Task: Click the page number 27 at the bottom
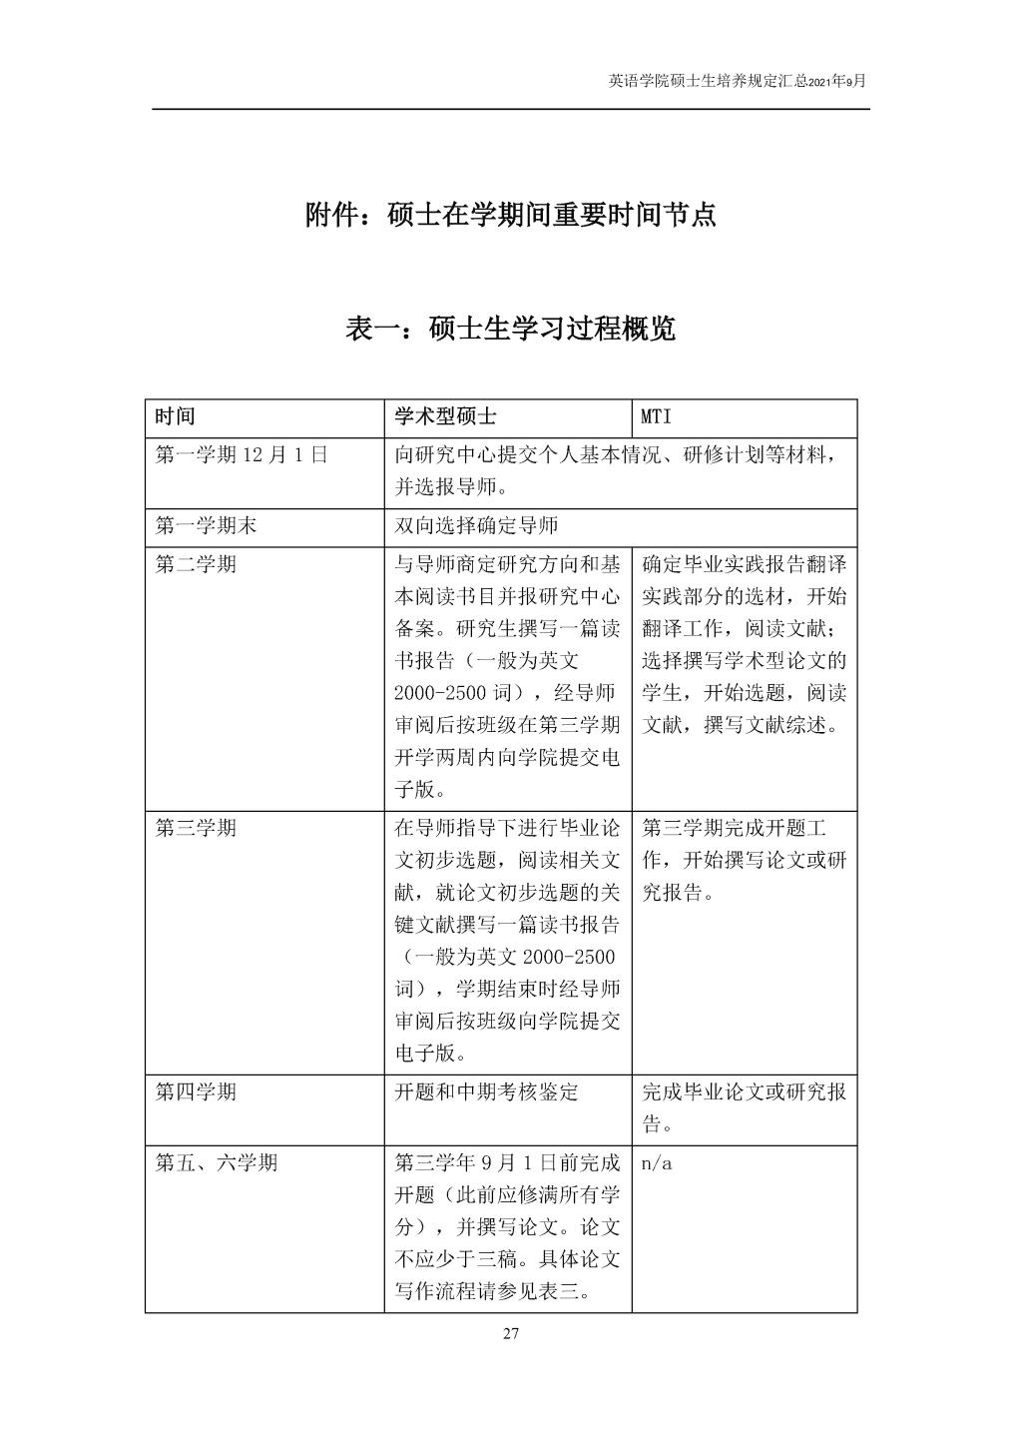(x=511, y=1333)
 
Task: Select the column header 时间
(x=175, y=417)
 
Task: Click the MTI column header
(x=657, y=417)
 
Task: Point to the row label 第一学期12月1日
(x=241, y=455)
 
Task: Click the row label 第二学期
(x=196, y=564)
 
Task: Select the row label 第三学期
(x=196, y=828)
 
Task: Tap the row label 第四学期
(x=196, y=1091)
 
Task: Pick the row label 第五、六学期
(x=217, y=1162)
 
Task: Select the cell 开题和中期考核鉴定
(x=486, y=1091)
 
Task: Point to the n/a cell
(x=657, y=1163)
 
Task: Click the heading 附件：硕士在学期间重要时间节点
(x=510, y=215)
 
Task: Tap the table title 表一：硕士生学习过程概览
(x=510, y=328)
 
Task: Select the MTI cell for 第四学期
(x=744, y=1107)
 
